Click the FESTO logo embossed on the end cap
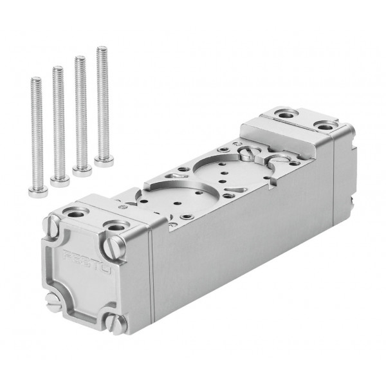pyautogui.click(x=87, y=262)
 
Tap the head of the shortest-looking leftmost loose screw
pyautogui.click(x=38, y=192)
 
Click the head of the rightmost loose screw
pyautogui.click(x=104, y=161)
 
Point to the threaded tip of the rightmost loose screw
pyautogui.click(x=102, y=48)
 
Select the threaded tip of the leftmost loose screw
pyautogui.click(x=36, y=78)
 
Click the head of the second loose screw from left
pyautogui.click(x=60, y=181)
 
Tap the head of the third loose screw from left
pyautogui.click(x=82, y=170)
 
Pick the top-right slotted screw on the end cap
pyautogui.click(x=114, y=247)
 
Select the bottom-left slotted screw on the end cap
pyautogui.click(x=53, y=302)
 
